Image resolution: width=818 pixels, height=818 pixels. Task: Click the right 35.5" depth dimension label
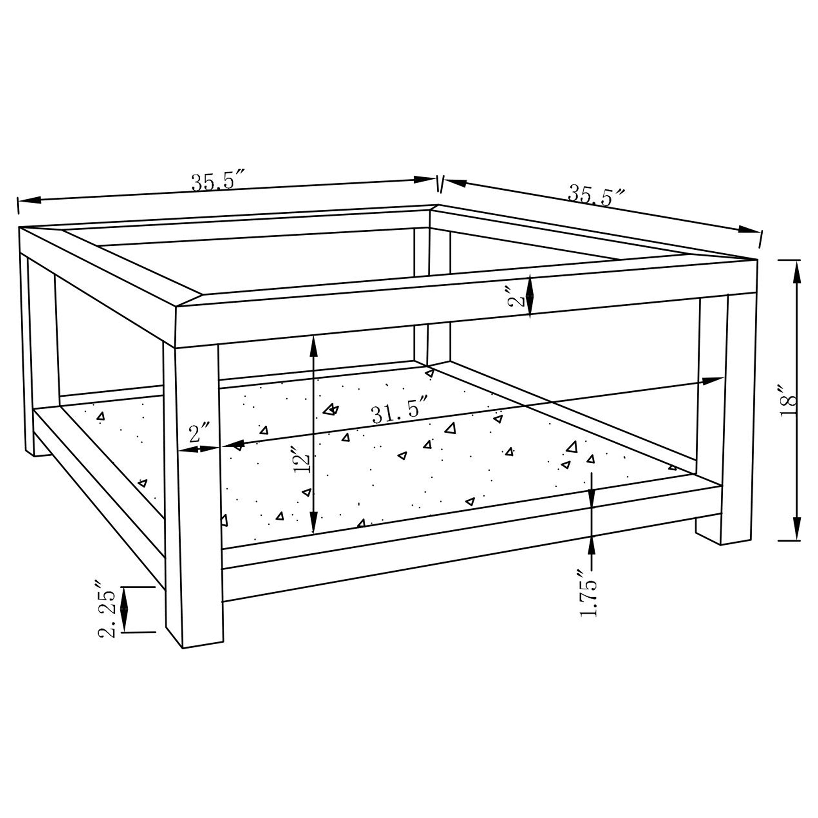pyautogui.click(x=596, y=196)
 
